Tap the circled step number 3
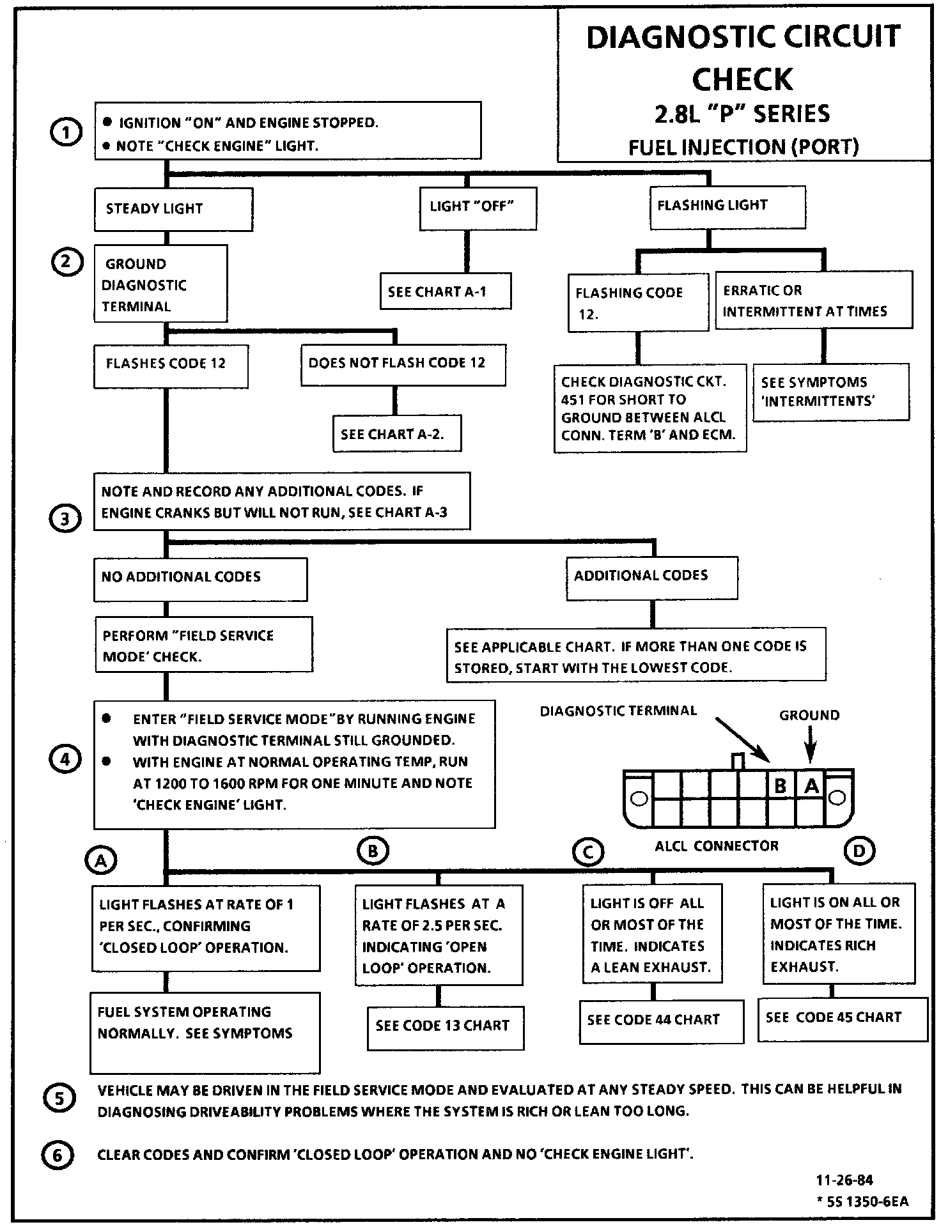click(65, 518)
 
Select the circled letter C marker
click(588, 851)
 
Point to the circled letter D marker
click(859, 851)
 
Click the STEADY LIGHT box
click(173, 209)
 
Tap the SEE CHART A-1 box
click(445, 291)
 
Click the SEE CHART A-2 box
click(396, 435)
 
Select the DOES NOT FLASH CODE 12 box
click(403, 364)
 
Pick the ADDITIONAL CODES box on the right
click(651, 576)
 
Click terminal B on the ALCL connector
click(781, 786)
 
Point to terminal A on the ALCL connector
click(811, 786)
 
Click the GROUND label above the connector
click(809, 716)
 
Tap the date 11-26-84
click(844, 1180)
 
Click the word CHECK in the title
click(742, 79)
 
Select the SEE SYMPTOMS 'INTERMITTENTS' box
click(830, 392)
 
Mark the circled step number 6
click(58, 1155)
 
